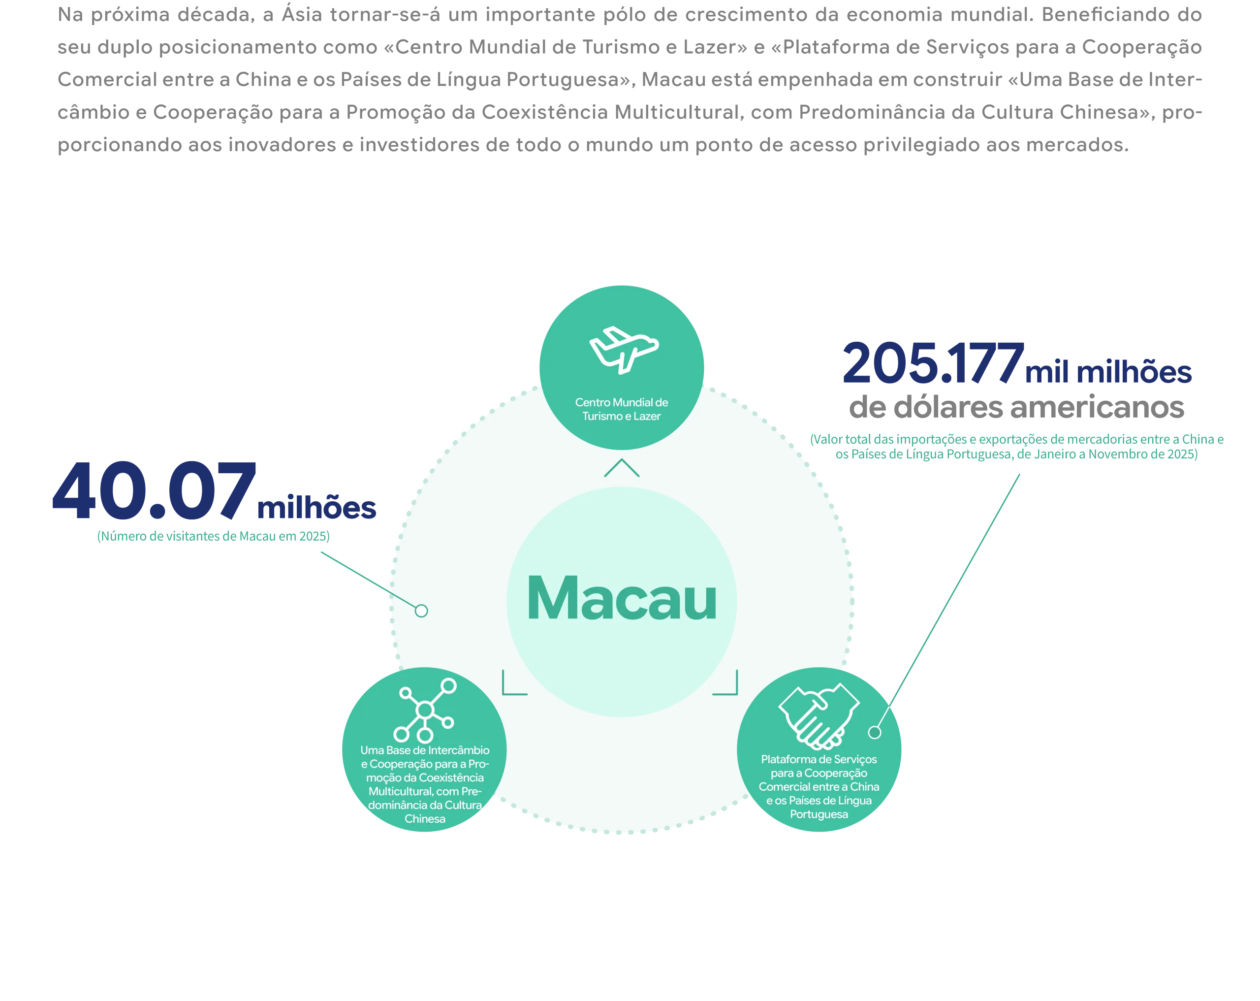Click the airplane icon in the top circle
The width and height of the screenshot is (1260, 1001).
click(x=623, y=350)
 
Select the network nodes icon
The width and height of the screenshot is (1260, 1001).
click(x=425, y=710)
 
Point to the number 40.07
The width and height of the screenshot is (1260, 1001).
click(x=154, y=490)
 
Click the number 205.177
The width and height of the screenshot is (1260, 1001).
click(x=933, y=364)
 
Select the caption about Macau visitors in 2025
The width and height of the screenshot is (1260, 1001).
click(x=213, y=536)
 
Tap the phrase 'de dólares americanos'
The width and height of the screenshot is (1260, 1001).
click(x=1016, y=407)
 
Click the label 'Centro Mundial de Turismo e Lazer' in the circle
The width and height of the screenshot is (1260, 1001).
click(x=622, y=409)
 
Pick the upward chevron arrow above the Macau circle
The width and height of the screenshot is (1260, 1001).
click(x=622, y=467)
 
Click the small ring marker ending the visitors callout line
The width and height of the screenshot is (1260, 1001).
click(x=421, y=611)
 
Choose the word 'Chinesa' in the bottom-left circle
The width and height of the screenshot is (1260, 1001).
click(x=425, y=818)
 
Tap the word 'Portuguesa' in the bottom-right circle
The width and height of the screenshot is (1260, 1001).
click(x=819, y=814)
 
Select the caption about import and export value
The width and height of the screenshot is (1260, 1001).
click(x=1017, y=447)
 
